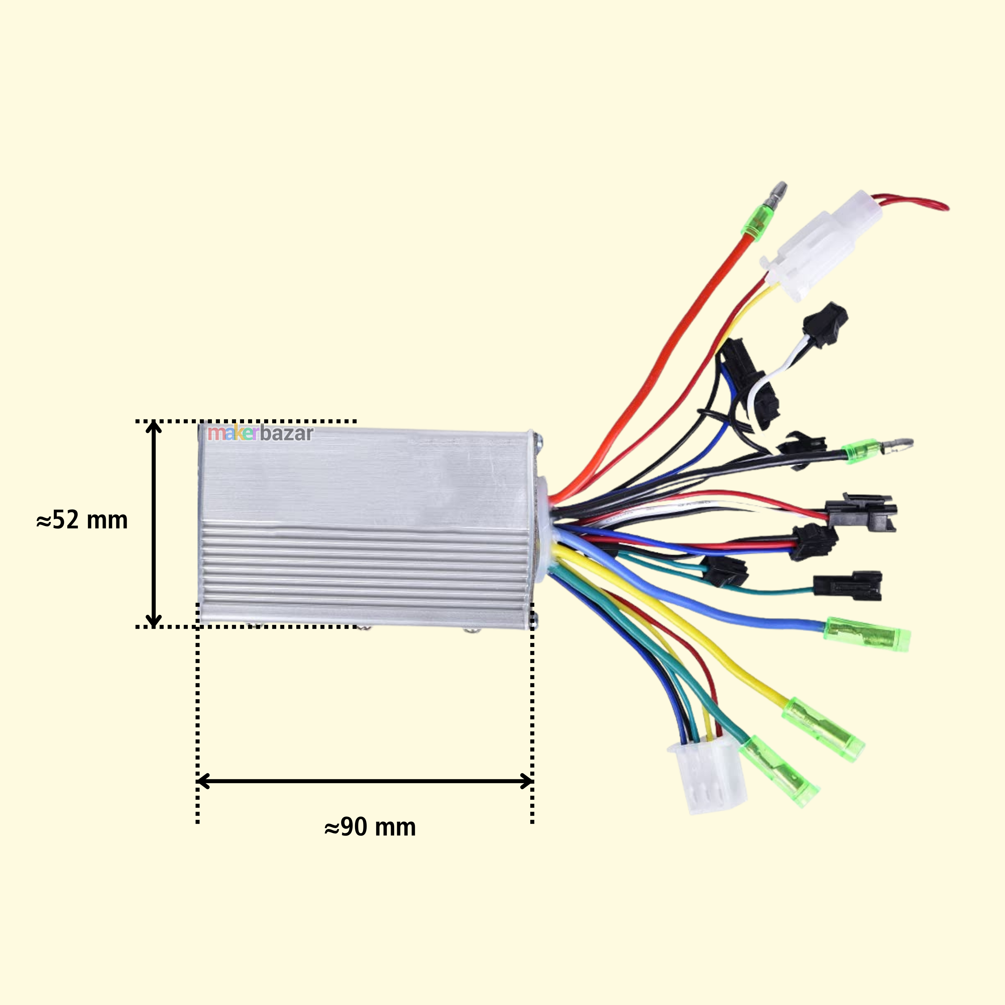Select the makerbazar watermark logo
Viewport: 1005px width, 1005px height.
pyautogui.click(x=260, y=433)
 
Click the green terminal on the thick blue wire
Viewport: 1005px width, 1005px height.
pyautogui.click(x=867, y=634)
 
